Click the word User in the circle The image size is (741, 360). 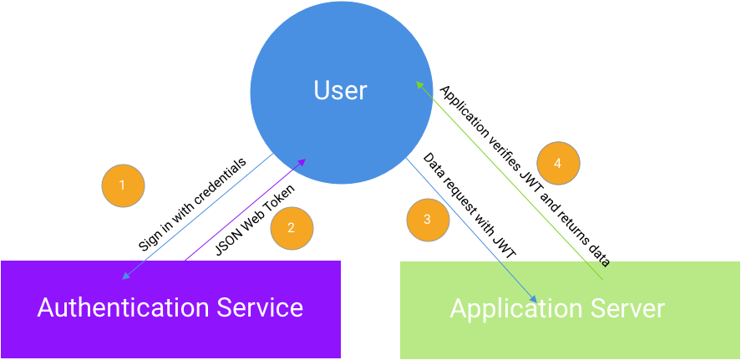pyautogui.click(x=340, y=90)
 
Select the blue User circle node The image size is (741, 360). pyautogui.click(x=341, y=50)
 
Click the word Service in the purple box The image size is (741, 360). pyautogui.click(x=260, y=307)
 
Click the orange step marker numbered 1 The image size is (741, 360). pyautogui.click(x=123, y=185)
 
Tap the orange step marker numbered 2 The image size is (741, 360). pyautogui.click(x=292, y=228)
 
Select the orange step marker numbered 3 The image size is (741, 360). pyautogui.click(x=428, y=220)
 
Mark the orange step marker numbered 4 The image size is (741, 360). pyautogui.click(x=558, y=164)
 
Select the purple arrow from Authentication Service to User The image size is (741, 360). pyautogui.click(x=242, y=211)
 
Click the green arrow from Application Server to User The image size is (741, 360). pyautogui.click(x=510, y=180)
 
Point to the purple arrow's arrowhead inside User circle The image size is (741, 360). pyautogui.click(x=303, y=161)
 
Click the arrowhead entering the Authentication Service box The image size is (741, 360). pyautogui.click(x=125, y=276)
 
